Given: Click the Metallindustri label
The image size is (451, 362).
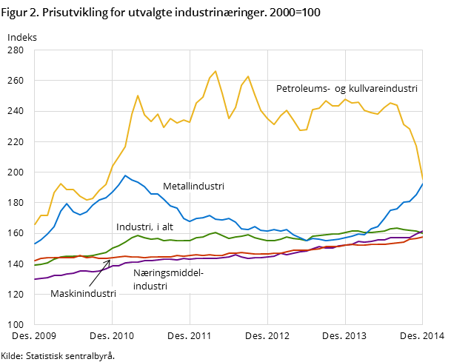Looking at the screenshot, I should click(x=193, y=187).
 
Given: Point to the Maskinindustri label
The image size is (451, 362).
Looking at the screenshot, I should click(x=83, y=293).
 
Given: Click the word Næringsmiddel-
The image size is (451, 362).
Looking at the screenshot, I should click(x=168, y=272).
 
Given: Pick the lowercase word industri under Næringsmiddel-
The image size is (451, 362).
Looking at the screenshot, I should click(x=150, y=286).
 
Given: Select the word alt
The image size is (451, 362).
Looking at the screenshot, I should click(x=166, y=227).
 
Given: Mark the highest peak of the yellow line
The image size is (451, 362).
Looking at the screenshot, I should click(x=216, y=72).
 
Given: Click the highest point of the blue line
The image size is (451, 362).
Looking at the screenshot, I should click(x=125, y=175).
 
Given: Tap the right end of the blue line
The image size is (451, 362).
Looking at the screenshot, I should click(x=423, y=183).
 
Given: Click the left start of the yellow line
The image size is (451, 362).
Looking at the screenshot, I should click(x=35, y=224).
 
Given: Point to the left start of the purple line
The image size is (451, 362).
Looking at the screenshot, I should click(x=35, y=279).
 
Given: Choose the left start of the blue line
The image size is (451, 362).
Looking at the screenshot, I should click(x=35, y=244).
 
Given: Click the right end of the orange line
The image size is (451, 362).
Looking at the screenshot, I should click(x=422, y=236).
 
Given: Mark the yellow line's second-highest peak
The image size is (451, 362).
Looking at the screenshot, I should click(x=248, y=76).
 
